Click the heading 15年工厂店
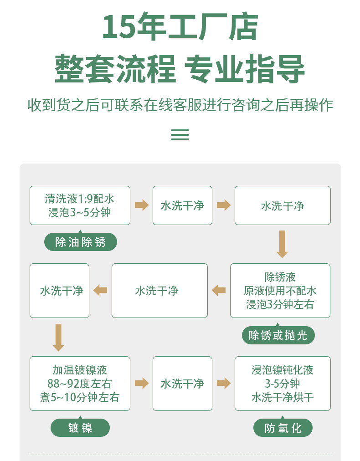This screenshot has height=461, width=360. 180,27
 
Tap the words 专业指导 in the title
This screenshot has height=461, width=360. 244,69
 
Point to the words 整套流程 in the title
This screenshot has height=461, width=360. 115,69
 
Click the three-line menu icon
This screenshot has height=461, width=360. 180,135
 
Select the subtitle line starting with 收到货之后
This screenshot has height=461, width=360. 180,105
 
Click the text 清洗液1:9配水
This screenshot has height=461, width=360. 79,199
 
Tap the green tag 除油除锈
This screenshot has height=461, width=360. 80,242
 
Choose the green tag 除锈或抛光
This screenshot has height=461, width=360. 278,335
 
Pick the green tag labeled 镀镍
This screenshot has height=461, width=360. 80,428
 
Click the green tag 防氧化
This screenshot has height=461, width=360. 283,428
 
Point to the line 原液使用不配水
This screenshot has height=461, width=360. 280,291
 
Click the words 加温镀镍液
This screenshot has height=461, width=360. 80,370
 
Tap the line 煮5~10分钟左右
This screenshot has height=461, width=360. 80,397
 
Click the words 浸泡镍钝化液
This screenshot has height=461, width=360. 283,370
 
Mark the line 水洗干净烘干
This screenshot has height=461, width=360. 283,397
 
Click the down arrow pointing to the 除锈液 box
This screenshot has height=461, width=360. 282,244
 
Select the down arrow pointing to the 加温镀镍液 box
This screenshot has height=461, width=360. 58,338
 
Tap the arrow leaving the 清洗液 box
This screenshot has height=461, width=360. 142,205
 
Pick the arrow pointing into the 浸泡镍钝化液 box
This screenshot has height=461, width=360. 224,383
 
